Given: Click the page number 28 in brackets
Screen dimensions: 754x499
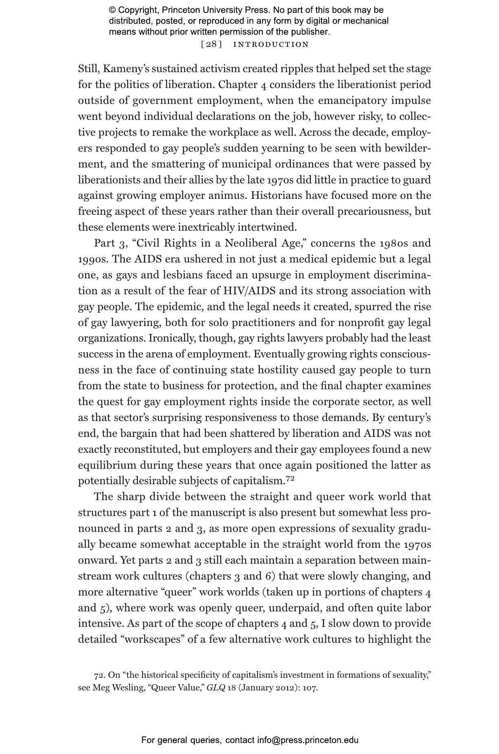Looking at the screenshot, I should click(x=211, y=44).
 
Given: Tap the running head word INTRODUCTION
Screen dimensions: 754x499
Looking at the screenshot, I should click(x=271, y=44).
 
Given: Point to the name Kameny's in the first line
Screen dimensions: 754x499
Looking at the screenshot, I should click(x=121, y=69).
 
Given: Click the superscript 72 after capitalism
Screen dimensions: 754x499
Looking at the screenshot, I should click(x=290, y=479).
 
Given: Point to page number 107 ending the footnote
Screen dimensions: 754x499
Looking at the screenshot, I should click(x=310, y=688).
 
